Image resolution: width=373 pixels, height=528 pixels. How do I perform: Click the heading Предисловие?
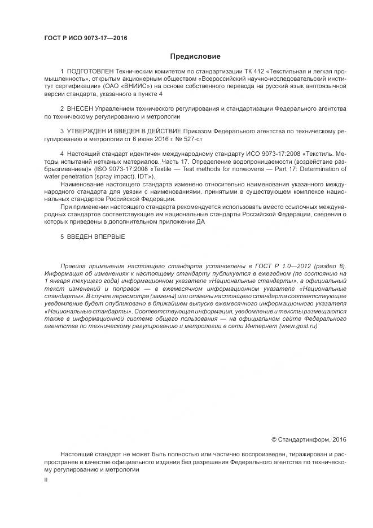[195, 56]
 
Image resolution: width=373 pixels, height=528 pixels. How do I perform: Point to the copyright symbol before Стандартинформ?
[274, 439]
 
